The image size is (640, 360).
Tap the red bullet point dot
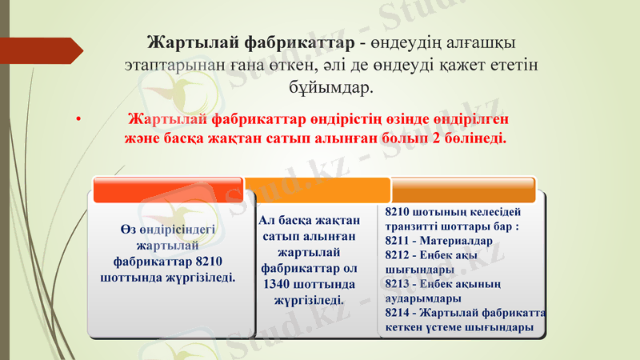tap(78, 121)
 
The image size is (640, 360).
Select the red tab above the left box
tap(168, 190)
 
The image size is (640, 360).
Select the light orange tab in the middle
tap(317, 190)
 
